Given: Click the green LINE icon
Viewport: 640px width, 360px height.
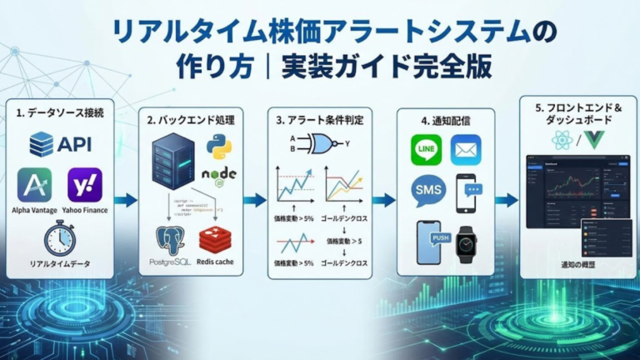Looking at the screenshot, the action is point(426,150).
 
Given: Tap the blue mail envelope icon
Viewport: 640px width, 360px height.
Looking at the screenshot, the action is point(466,150).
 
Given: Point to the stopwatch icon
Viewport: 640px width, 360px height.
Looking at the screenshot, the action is point(59,239).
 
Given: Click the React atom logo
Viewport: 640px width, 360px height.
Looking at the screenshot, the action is point(562,140).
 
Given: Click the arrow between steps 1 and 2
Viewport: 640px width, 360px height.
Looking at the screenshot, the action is point(126,200).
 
